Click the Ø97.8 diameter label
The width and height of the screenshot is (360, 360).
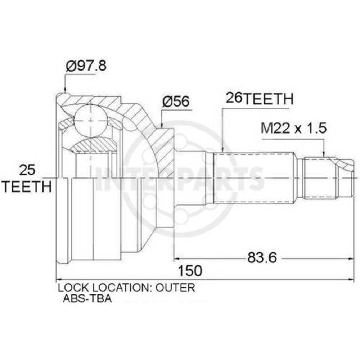(x=86, y=66)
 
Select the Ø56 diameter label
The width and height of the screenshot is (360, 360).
(x=176, y=102)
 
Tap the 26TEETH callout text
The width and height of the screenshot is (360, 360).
(x=260, y=99)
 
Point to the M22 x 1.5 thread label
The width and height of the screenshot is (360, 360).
(x=293, y=128)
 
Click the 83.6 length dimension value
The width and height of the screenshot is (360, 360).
(x=262, y=258)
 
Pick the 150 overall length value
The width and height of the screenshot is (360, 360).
(x=190, y=271)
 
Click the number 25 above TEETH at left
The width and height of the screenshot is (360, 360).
(x=27, y=170)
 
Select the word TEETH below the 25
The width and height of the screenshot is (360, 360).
(x=28, y=186)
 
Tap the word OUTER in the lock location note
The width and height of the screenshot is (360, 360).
(x=176, y=288)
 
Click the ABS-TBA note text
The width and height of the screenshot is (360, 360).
(x=87, y=299)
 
